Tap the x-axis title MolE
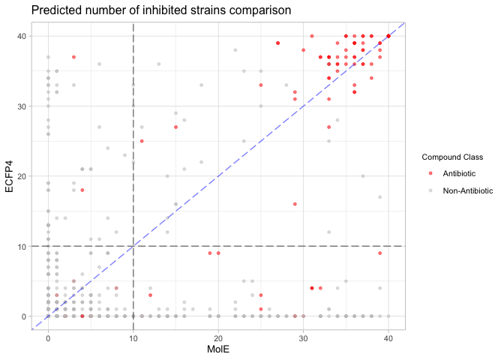[218, 349]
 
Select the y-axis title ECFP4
[10, 176]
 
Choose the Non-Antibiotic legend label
[468, 190]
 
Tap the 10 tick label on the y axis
[25, 246]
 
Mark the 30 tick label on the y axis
[25, 106]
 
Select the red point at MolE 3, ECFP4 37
[73, 57]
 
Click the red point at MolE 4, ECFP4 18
[82, 190]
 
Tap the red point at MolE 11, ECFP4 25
[142, 141]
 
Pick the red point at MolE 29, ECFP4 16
[295, 204]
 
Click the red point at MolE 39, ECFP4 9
[380, 253]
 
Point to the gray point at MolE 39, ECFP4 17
[380, 197]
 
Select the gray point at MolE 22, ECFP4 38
[235, 50]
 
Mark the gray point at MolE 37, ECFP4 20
[363, 176]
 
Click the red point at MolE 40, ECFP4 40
[388, 36]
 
